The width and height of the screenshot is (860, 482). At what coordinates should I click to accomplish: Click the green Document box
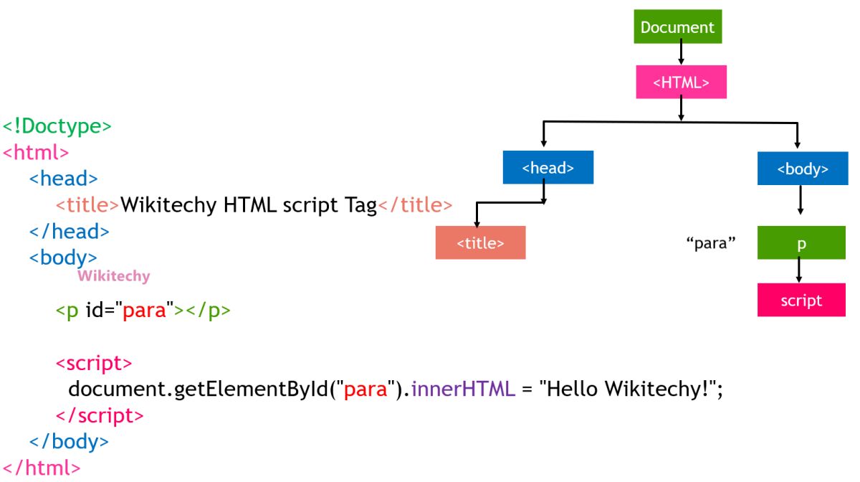678,27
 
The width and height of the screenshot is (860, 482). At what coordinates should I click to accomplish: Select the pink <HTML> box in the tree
681,82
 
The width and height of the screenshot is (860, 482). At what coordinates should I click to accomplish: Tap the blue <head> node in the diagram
548,168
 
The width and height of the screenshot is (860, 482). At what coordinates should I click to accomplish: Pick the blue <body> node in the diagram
803,169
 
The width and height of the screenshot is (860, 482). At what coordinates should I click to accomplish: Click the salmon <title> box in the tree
480,242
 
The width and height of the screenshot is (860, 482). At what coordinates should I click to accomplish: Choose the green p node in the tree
801,244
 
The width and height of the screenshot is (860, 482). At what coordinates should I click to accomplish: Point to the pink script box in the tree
801,301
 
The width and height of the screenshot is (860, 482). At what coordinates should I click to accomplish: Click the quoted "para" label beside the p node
711,243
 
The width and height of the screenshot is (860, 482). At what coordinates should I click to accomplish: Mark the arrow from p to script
799,271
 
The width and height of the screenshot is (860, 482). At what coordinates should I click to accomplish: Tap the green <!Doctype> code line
57,126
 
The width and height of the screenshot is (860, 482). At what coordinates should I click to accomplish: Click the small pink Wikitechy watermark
113,276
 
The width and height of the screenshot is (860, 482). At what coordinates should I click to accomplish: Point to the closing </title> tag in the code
415,205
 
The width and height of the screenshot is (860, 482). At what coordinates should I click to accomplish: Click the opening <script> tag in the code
94,363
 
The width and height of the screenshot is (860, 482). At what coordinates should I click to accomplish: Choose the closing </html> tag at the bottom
42,468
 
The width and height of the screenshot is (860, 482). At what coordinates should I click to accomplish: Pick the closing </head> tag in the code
69,232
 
